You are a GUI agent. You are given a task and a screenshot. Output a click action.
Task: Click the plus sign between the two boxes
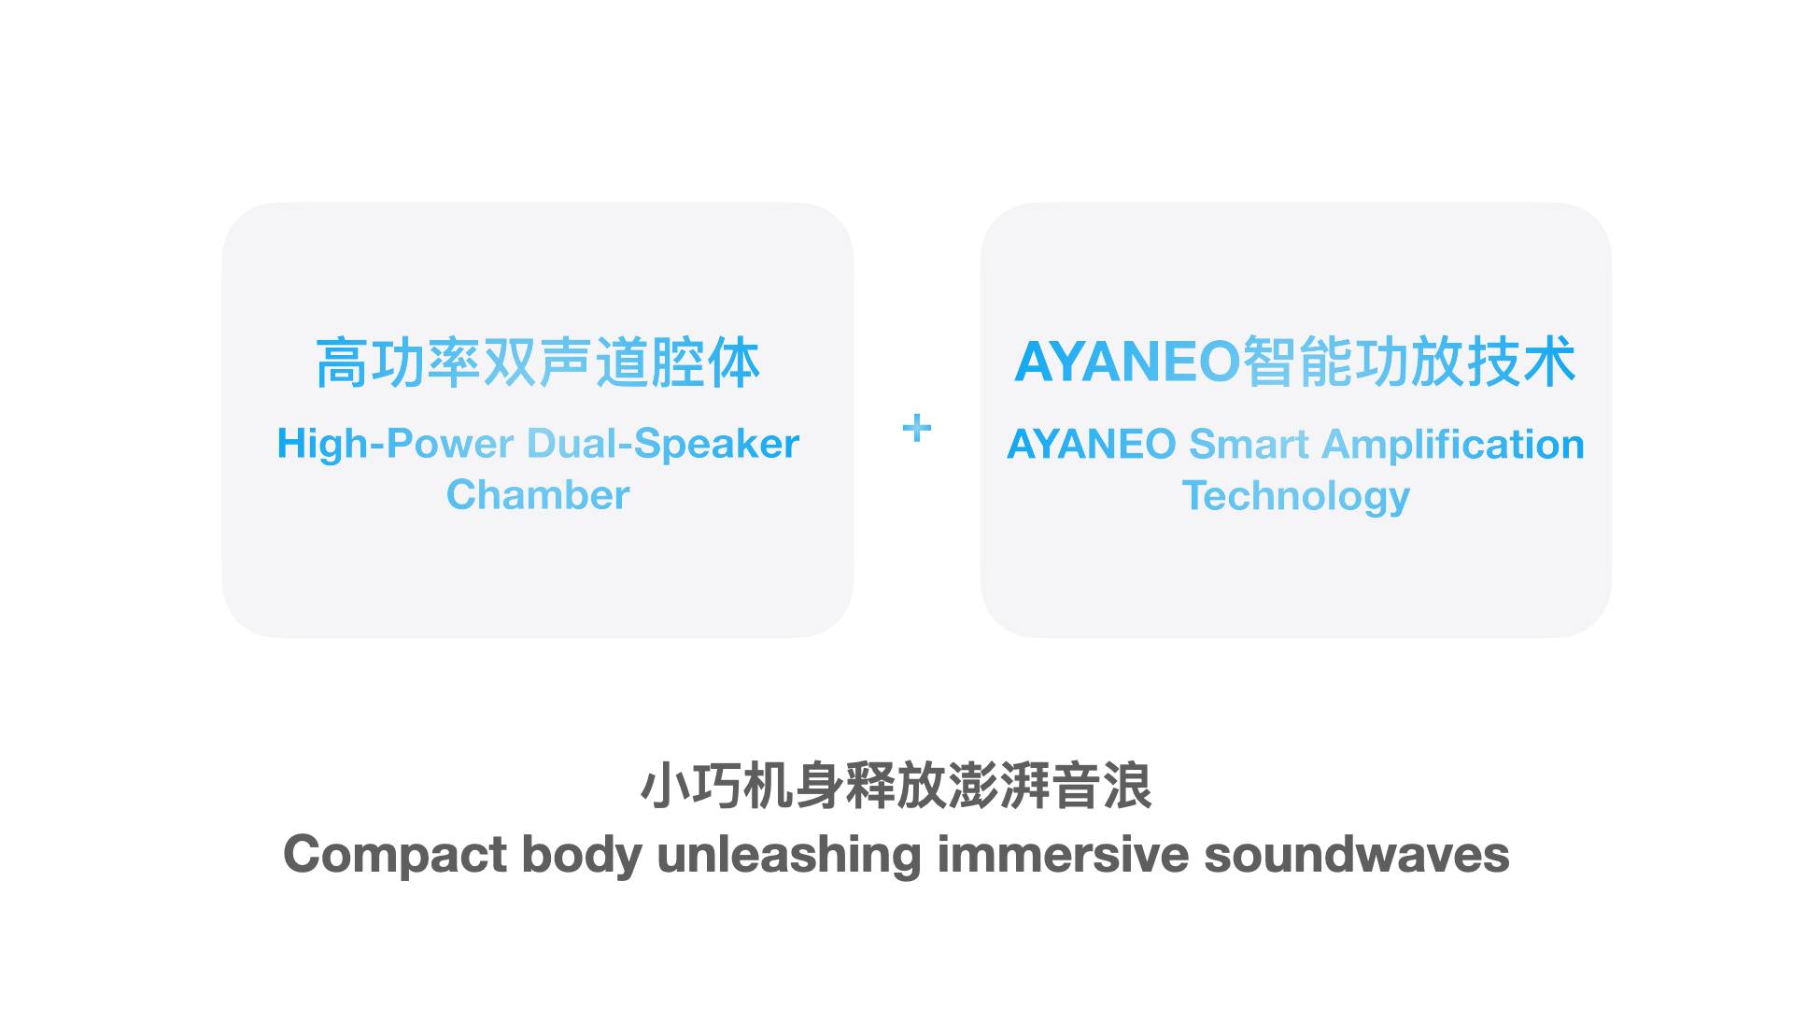point(917,428)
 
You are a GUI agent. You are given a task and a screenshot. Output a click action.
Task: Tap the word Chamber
point(538,494)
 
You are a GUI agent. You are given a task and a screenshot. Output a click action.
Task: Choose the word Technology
point(1296,496)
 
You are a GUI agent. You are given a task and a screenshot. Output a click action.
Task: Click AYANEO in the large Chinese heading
point(1127,362)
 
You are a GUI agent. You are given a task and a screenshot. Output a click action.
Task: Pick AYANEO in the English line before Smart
point(1092,444)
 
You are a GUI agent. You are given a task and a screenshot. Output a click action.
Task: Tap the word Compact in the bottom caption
point(395,856)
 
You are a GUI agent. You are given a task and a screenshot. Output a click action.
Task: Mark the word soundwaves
point(1357,854)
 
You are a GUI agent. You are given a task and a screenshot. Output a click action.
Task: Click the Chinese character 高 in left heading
point(342,362)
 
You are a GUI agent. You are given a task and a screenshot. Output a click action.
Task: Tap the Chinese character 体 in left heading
point(733,362)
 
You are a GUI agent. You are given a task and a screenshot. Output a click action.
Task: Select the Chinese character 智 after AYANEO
point(1270,362)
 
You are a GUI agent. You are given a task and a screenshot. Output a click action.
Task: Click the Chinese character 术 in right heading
point(1549,362)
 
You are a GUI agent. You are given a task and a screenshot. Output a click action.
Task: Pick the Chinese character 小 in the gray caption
point(665,786)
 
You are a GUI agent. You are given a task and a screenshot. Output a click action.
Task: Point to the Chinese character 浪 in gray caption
point(1127,786)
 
